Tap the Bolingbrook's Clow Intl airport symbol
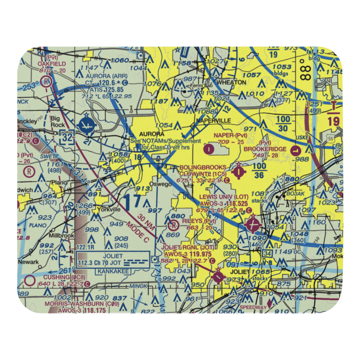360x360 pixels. [239, 172]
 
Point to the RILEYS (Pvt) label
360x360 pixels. [199, 221]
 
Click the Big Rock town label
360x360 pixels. [58, 121]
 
